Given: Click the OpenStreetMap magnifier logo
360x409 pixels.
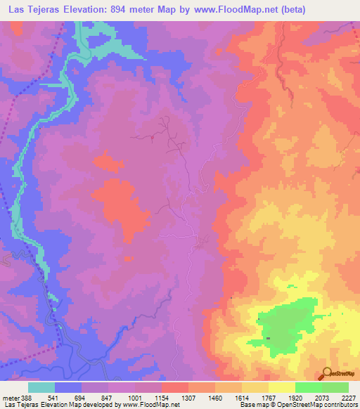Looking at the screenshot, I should click(x=328, y=372).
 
